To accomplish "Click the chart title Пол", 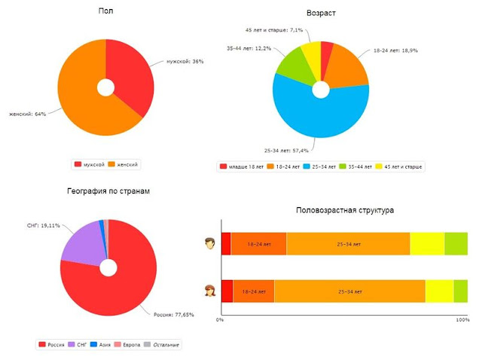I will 105,11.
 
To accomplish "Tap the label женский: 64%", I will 26,114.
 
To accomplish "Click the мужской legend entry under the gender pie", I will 90,164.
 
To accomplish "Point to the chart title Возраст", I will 322,14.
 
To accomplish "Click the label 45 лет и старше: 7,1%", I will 274,30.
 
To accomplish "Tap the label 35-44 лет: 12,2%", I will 249,47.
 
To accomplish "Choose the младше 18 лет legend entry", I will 243,166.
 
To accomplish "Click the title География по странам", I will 108,191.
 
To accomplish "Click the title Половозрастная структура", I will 345,211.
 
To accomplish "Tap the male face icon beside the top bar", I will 211,243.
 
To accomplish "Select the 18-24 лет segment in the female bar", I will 253,291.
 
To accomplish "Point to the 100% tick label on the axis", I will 462,320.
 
